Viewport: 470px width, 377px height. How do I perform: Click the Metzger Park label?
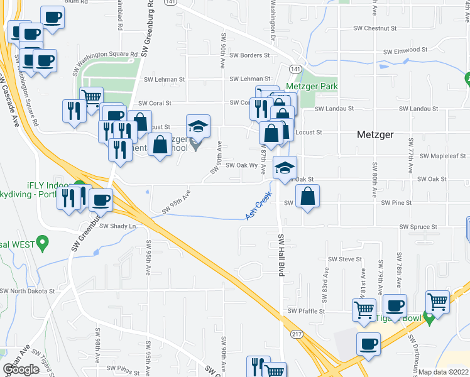click(x=312, y=86)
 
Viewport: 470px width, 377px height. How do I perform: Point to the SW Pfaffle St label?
click(x=306, y=310)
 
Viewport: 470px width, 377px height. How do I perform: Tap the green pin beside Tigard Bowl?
click(x=429, y=318)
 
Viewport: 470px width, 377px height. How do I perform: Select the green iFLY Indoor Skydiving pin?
click(x=80, y=187)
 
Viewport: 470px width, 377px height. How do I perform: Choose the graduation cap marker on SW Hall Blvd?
click(x=285, y=168)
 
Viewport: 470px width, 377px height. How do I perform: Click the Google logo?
click(x=21, y=369)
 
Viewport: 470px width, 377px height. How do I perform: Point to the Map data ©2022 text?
click(x=444, y=372)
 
